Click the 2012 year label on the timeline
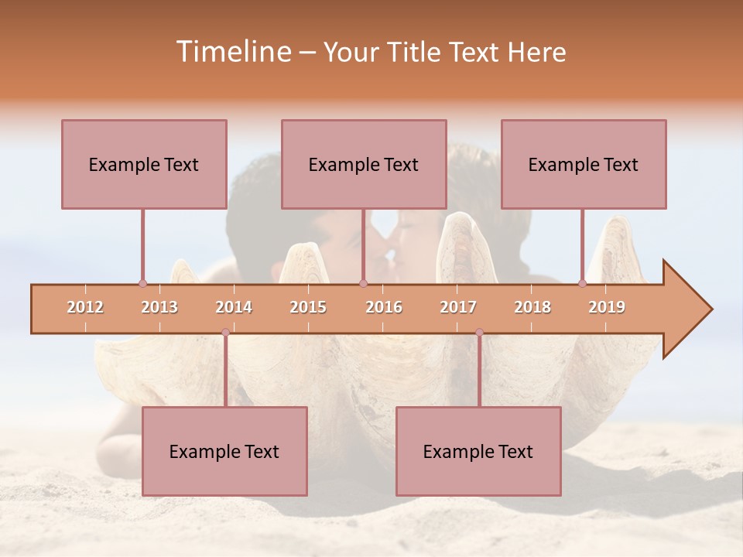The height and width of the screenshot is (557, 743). pyautogui.click(x=85, y=307)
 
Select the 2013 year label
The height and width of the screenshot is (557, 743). pyautogui.click(x=159, y=307)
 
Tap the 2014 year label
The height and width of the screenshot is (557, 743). pyautogui.click(x=234, y=307)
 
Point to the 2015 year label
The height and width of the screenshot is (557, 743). pyautogui.click(x=308, y=307)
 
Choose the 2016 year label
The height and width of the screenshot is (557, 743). pyautogui.click(x=384, y=307)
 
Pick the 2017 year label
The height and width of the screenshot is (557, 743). pyautogui.click(x=458, y=307)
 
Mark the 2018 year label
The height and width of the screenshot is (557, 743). pyautogui.click(x=532, y=307)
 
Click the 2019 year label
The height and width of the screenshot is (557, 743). pyautogui.click(x=607, y=307)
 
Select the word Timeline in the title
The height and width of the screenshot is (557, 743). pyautogui.click(x=232, y=52)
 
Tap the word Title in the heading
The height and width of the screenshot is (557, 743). pyautogui.click(x=417, y=52)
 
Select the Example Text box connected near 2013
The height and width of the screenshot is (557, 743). pyautogui.click(x=144, y=164)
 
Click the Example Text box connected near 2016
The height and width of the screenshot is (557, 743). pyautogui.click(x=364, y=164)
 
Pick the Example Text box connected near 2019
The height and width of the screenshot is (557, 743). pyautogui.click(x=584, y=164)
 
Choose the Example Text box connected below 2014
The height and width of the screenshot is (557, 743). pyautogui.click(x=224, y=451)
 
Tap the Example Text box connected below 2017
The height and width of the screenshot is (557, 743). pyautogui.click(x=478, y=451)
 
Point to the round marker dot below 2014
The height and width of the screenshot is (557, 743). pyautogui.click(x=225, y=333)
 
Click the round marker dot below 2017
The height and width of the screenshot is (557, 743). pyautogui.click(x=479, y=333)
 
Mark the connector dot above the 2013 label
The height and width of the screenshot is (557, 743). pyautogui.click(x=142, y=284)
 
